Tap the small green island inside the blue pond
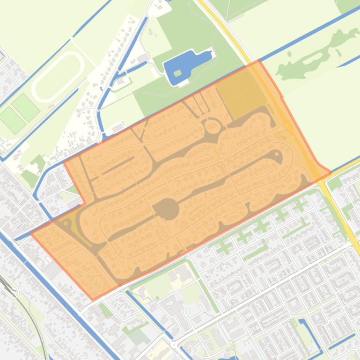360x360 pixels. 177,73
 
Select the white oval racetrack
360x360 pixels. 57,70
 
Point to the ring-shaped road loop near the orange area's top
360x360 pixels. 213,126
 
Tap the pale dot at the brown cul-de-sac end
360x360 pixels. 278,154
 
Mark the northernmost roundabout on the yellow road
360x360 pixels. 287,125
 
